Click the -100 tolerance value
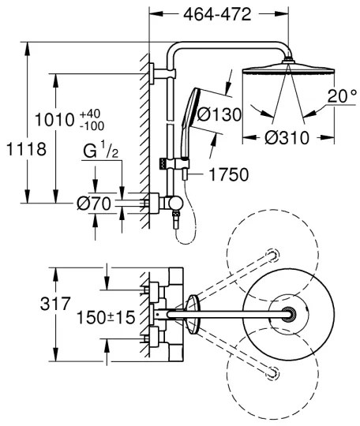pos(95,126)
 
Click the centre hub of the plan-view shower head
pos(292,315)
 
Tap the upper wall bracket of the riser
pos(156,76)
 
